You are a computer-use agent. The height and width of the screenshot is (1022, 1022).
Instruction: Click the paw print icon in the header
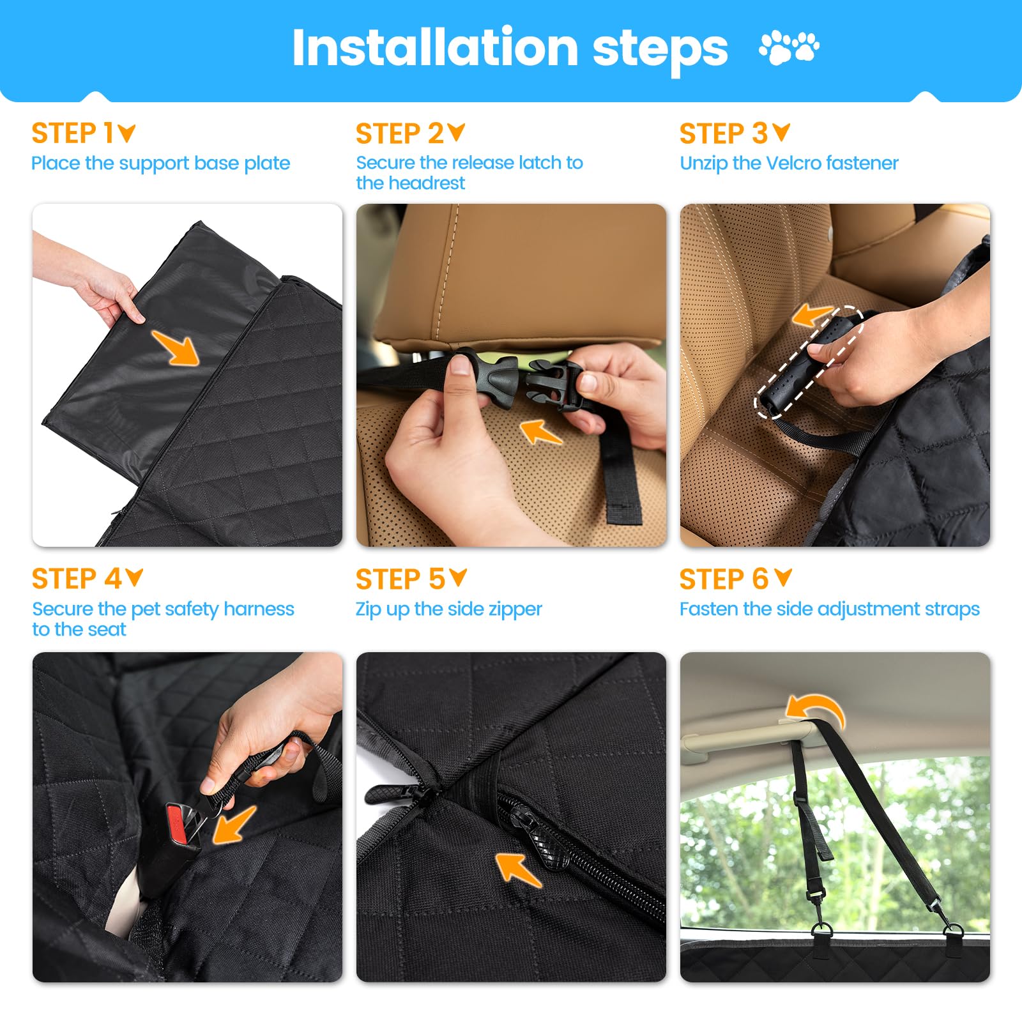coord(789,47)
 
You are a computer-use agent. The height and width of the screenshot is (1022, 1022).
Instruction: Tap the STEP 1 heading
coord(72,133)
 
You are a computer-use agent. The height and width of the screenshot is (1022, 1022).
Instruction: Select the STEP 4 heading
coord(76,579)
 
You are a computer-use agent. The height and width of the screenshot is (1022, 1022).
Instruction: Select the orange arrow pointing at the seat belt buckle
coord(234,825)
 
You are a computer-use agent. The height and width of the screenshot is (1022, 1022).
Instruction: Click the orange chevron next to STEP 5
coord(458,577)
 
